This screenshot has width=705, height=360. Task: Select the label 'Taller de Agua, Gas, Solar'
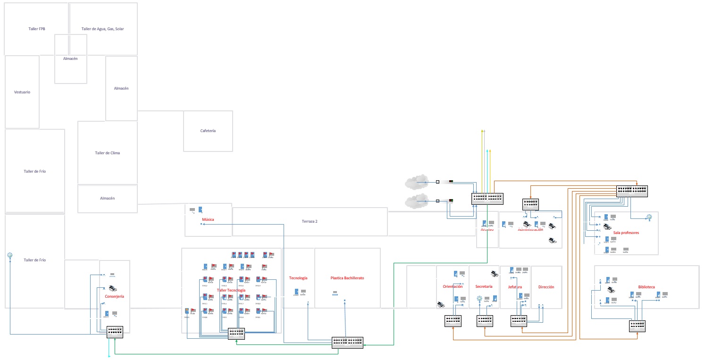coord(102,29)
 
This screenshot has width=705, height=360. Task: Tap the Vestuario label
coord(22,92)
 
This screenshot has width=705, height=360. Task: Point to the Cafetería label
coord(208,131)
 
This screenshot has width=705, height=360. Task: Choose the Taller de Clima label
coord(107,153)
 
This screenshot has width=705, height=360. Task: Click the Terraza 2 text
coord(310,221)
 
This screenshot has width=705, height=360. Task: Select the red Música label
coord(208,220)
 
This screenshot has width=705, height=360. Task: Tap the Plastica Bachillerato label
coord(347,278)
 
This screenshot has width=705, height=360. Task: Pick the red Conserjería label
coord(114,296)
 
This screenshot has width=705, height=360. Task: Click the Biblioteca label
coord(646,287)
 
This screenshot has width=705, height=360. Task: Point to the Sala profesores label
coord(626,233)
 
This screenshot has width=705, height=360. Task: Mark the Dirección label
coord(546,287)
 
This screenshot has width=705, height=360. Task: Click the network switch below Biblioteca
coord(637,326)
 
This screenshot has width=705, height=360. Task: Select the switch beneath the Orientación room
coord(453,321)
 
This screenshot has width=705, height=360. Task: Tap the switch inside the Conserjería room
coord(115,331)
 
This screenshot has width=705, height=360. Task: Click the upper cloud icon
coord(416,182)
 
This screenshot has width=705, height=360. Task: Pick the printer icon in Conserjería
coord(113,288)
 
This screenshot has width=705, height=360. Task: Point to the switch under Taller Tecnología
coord(236,334)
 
